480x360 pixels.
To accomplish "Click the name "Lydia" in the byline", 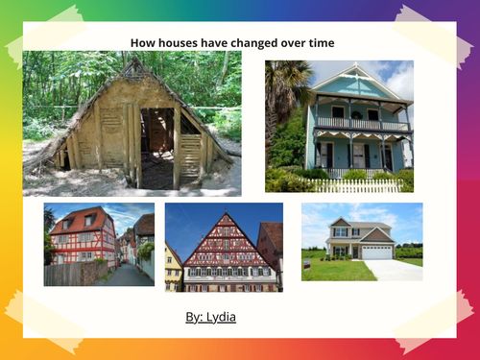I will [222, 316].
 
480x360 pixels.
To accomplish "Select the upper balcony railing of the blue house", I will [360, 124].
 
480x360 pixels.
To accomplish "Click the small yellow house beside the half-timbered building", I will [174, 270].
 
